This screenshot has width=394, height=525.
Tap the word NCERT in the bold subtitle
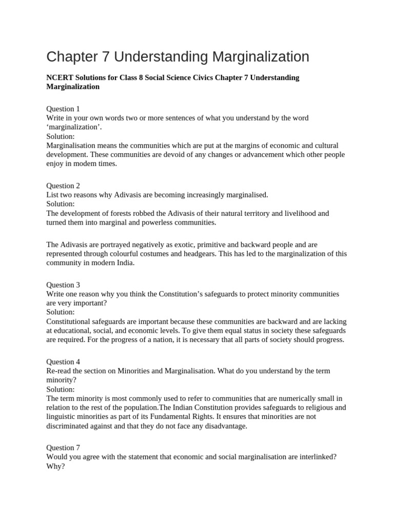(60, 77)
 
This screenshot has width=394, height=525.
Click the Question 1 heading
(63, 109)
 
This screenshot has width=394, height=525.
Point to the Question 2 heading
(63, 186)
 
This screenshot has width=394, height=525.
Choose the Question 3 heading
(63, 285)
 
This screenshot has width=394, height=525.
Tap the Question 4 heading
(63, 361)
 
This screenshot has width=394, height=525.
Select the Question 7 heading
(63, 448)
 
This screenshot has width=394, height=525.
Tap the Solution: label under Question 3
(61, 312)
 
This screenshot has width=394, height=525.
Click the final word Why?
(55, 467)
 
